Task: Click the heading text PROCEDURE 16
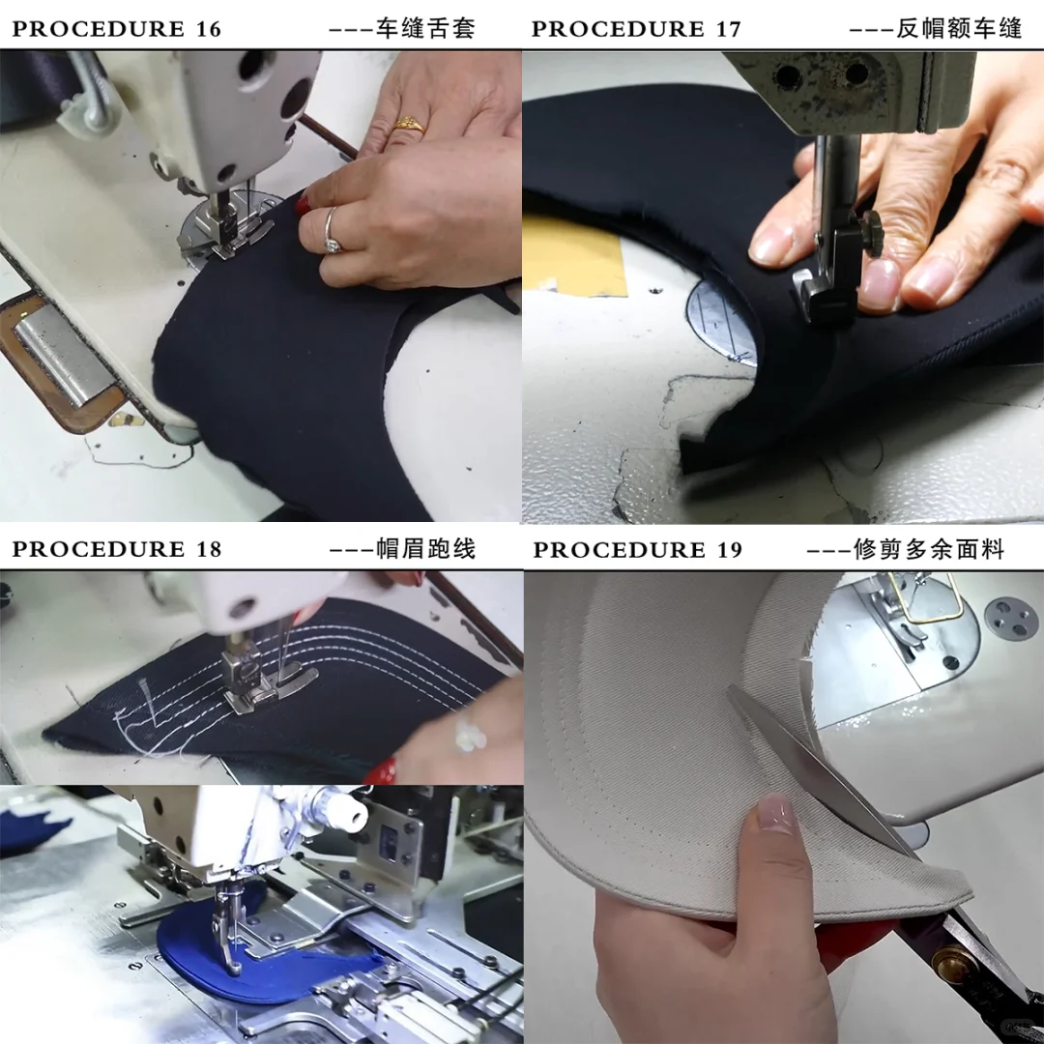point(116,29)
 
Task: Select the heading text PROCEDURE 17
point(636,29)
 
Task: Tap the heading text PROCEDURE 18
point(116,549)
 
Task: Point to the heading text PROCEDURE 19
point(637,550)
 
